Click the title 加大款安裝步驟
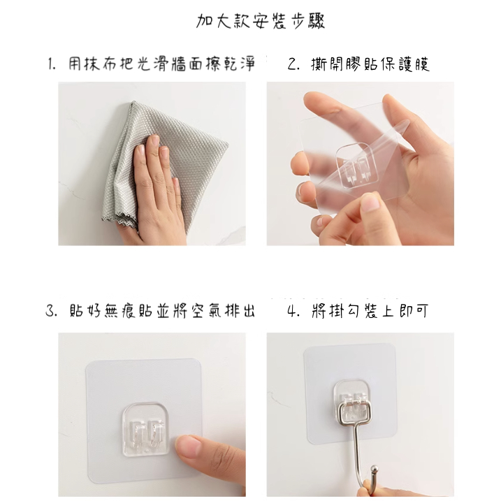[261, 22]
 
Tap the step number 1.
[52, 64]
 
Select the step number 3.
[52, 310]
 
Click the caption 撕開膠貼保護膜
[370, 64]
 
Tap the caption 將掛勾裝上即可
[370, 310]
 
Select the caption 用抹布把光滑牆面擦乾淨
[161, 64]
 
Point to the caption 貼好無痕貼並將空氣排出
[162, 310]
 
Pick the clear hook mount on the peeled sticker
[356, 167]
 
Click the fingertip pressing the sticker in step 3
[189, 446]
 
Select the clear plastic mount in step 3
[146, 429]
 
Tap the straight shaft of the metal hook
[356, 453]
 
